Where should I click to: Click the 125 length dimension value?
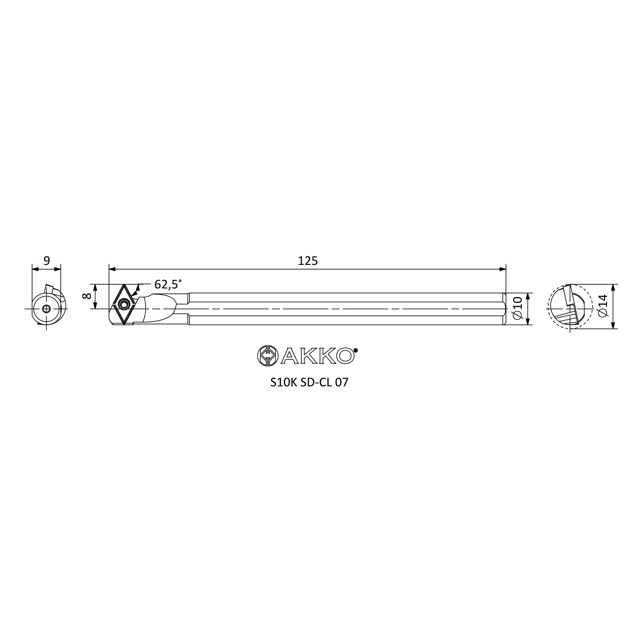[308, 261]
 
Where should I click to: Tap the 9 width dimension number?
[47, 261]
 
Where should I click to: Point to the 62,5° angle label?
[168, 284]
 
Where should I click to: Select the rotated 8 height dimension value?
[86, 296]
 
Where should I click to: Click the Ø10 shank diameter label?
[518, 308]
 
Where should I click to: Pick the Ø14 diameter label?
[603, 305]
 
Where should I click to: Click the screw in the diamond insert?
[124, 304]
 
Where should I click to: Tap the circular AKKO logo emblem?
[267, 356]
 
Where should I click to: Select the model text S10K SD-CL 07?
[309, 382]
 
